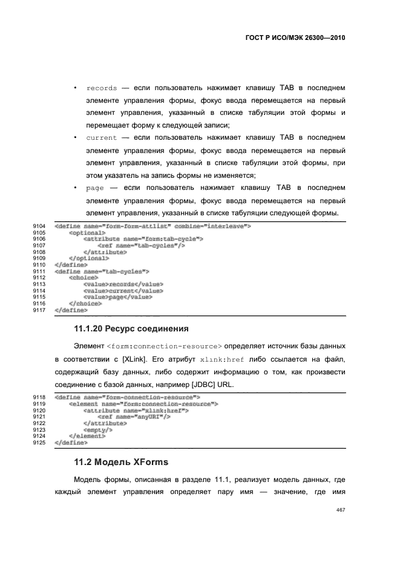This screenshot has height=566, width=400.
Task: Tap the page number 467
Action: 340,510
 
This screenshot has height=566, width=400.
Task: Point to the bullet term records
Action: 102,88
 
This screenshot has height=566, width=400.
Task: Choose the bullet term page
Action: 95,188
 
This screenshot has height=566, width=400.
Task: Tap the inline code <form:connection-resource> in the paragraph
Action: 164,346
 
